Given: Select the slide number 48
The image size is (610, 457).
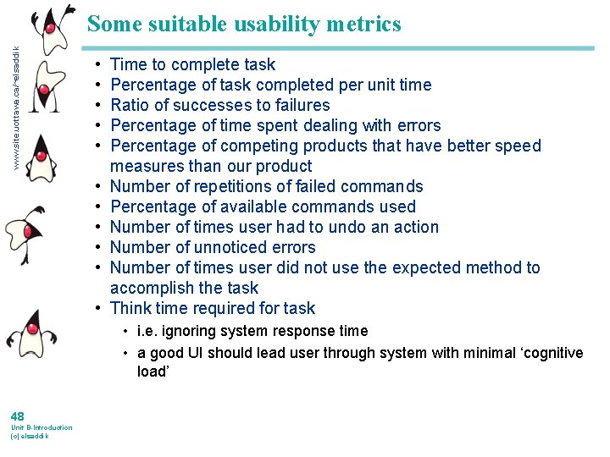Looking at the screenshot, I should click(18, 416).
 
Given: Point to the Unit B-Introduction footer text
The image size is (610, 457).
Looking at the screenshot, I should click(42, 427).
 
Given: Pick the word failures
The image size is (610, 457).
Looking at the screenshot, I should click(299, 105).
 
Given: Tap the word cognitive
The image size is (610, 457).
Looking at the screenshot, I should click(549, 353).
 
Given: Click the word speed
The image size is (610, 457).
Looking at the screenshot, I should click(519, 146).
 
